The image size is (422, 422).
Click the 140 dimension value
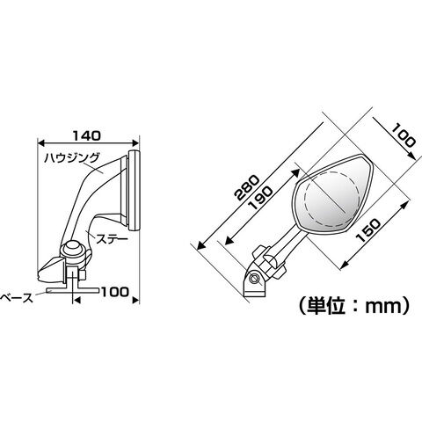tap(87, 135)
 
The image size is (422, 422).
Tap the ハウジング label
tap(72, 158)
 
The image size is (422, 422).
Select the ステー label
tap(113, 239)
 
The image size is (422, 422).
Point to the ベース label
tap(17, 298)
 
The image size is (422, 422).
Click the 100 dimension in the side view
tap(115, 292)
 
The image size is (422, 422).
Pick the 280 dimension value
tap(248, 187)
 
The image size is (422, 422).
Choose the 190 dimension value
tap(260, 199)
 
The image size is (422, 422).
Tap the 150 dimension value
tap(368, 230)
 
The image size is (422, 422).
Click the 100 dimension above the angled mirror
tap(404, 135)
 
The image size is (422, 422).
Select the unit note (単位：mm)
tap(353, 306)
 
